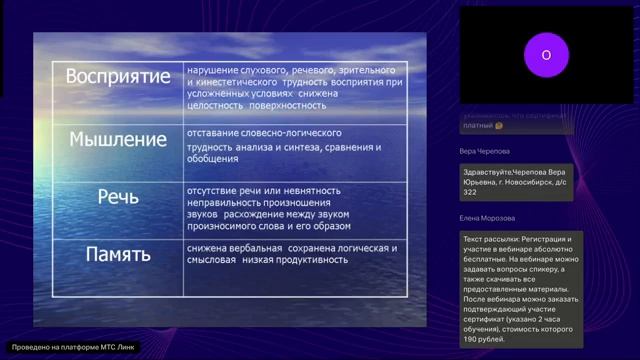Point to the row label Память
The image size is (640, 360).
coord(118,253)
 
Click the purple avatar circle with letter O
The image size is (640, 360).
coord(546,55)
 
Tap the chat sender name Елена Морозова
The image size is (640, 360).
coord(487,217)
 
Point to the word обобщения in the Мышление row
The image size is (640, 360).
coord(213,159)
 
